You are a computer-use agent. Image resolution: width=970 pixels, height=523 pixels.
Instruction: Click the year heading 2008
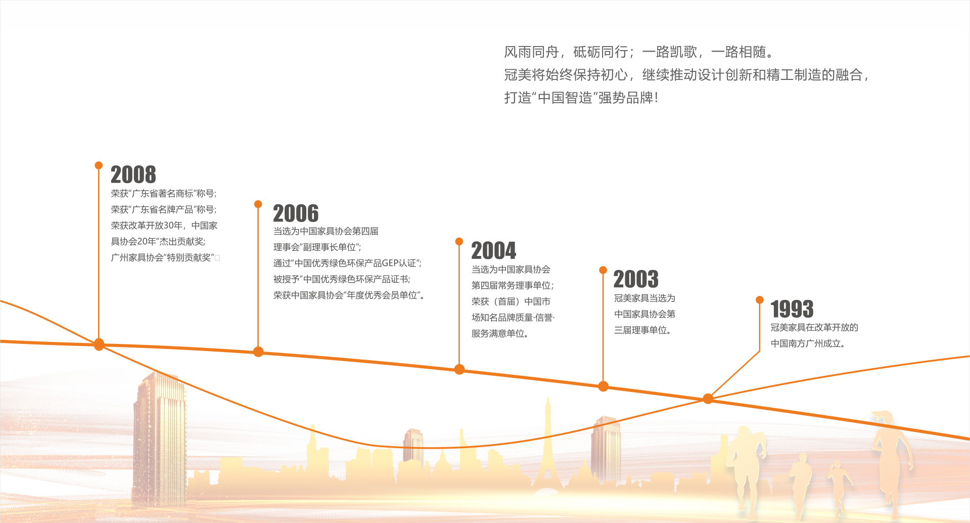(133, 175)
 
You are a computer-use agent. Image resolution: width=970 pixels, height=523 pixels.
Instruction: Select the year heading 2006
(296, 213)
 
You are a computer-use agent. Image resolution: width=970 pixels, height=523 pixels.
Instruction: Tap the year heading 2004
(494, 251)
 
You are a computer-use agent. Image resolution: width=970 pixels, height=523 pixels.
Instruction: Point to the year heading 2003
(636, 279)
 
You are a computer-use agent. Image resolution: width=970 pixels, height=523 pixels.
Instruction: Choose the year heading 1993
(792, 309)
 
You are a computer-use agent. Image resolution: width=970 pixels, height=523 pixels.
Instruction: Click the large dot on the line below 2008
(99, 344)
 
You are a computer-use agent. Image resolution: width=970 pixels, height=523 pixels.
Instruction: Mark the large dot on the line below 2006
(258, 352)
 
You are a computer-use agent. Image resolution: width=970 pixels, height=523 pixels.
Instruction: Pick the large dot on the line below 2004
(459, 369)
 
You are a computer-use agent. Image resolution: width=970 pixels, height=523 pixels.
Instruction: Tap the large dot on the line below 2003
(603, 386)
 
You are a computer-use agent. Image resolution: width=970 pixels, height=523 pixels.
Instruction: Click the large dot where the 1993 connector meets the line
(708, 399)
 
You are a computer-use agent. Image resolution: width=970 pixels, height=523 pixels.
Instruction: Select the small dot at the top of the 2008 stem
(99, 165)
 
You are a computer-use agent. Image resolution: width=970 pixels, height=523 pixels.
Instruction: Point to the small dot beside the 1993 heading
(759, 300)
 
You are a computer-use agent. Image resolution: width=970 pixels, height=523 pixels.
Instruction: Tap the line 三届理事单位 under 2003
(642, 330)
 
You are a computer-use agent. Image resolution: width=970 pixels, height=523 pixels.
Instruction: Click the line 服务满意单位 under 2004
(500, 333)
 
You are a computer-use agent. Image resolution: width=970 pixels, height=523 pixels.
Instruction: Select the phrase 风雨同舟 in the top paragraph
(531, 52)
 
